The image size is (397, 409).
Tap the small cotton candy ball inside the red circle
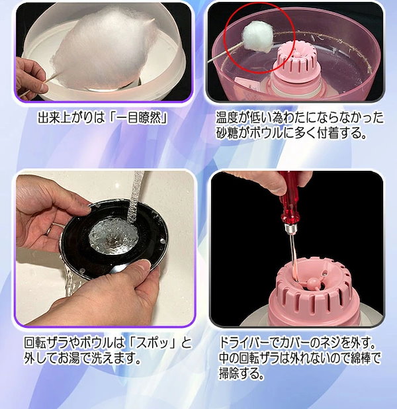coord(258,34)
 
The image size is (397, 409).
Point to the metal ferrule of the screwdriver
coord(290,229)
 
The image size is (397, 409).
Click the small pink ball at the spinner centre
coord(312,283)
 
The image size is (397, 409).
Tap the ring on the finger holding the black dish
coord(49,230)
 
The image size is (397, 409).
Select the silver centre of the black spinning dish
coord(113,236)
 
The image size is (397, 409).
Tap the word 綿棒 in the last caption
coord(359,358)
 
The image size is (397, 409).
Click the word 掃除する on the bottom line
coord(240,373)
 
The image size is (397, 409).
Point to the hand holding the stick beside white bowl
coord(31,79)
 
